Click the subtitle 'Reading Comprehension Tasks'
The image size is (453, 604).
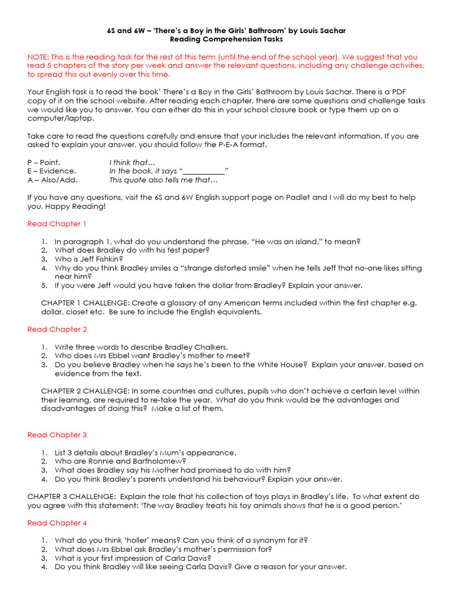(226, 39)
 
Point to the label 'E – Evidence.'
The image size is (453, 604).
(51, 171)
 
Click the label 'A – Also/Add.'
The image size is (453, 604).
(52, 180)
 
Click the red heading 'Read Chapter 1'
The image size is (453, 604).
(57, 224)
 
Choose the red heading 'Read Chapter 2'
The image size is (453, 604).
(57, 329)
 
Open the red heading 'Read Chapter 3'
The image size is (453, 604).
(57, 435)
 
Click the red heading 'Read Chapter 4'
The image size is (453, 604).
(57, 523)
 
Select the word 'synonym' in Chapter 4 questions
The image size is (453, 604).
(265, 540)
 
